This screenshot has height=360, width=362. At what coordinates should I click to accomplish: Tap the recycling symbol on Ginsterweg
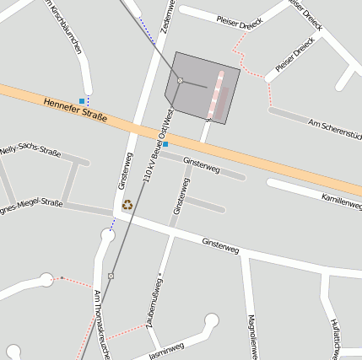(127, 204)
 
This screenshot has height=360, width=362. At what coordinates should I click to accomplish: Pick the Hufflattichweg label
(335, 336)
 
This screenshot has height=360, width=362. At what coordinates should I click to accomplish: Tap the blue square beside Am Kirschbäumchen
(82, 101)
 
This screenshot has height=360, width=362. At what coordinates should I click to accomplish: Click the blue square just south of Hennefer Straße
(165, 144)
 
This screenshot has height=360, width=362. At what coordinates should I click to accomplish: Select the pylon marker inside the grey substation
(181, 80)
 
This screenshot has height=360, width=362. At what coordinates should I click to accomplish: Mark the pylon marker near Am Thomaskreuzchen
(111, 276)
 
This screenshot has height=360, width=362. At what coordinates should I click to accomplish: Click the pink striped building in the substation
(219, 95)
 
